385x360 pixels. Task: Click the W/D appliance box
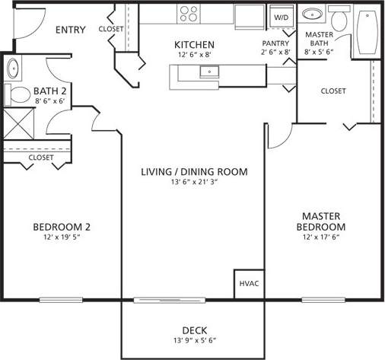coord(282,16)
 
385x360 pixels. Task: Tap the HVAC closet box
coord(249,284)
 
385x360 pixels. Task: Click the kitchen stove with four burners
coord(189,13)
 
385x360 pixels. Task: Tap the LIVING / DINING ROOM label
coord(195,171)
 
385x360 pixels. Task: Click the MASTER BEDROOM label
coord(320,221)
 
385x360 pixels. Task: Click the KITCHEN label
coord(195,45)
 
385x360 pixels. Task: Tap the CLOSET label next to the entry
coord(111,29)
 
